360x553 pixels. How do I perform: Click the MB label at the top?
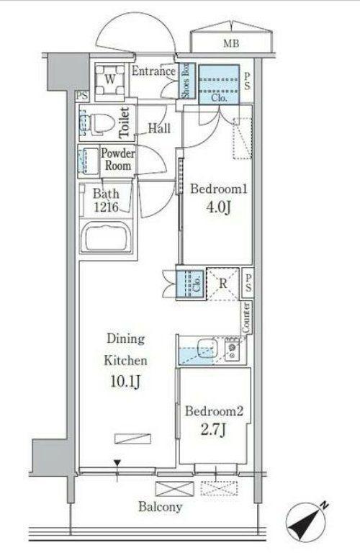coord(231,43)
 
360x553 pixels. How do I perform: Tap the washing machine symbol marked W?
coord(110,80)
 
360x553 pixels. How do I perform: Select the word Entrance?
coord(154,71)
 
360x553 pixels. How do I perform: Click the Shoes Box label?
coord(186,81)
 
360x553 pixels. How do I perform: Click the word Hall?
coord(159,128)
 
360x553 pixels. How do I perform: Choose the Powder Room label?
coord(118,159)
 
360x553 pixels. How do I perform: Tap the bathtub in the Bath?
coord(106,237)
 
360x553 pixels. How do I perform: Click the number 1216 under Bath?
coord(106,207)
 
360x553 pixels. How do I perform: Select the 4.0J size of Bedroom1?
coord(219,207)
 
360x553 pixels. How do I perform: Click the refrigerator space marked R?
coord(223,284)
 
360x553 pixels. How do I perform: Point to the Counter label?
coord(246,318)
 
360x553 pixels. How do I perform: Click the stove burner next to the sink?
coord(232,347)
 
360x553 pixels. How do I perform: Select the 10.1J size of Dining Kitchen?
coord(126,381)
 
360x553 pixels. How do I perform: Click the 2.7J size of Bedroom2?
coord(214,430)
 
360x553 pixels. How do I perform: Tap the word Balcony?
coord(161,507)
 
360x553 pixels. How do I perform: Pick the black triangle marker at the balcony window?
coord(117,463)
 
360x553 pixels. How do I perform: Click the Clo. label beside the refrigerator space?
coord(197,284)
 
